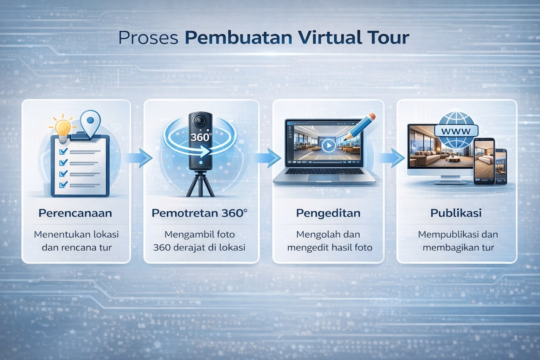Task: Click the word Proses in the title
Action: tap(148, 38)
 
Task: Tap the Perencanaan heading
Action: tap(75, 213)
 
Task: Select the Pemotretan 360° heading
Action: tap(199, 213)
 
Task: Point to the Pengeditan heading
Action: tap(328, 213)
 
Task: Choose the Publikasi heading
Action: tap(456, 213)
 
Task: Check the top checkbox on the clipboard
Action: tap(64, 152)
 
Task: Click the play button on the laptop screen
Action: tap(328, 145)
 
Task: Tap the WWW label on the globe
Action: tap(456, 131)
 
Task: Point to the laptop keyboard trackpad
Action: tap(324, 178)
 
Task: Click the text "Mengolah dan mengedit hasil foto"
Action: tap(329, 241)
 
